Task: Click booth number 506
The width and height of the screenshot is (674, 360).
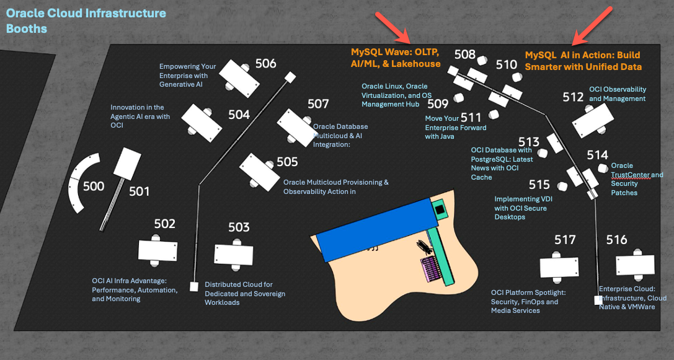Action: click(x=265, y=63)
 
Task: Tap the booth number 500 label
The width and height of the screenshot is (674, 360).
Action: click(x=94, y=186)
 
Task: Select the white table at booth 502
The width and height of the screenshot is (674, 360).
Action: click(x=157, y=250)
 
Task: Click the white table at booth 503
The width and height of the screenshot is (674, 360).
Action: click(x=233, y=255)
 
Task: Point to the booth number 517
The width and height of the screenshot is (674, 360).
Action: click(x=565, y=240)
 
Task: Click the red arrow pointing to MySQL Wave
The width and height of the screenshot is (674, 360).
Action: click(x=392, y=27)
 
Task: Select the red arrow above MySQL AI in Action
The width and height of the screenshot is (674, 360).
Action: click(x=592, y=25)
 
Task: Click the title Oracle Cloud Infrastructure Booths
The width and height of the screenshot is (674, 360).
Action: click(x=86, y=20)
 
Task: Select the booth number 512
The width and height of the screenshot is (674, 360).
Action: click(x=573, y=97)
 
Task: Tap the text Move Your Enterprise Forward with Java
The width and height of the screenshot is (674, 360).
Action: click(x=456, y=127)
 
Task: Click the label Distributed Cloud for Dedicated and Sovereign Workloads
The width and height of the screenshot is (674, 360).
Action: click(x=245, y=293)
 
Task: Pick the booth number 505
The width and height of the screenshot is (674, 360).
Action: click(x=287, y=162)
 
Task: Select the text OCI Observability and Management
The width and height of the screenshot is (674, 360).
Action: click(x=617, y=94)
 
